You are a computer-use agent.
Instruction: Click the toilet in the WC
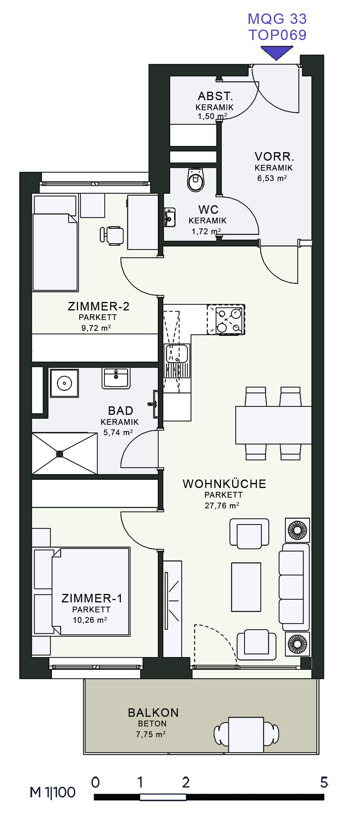pyautogui.click(x=196, y=179)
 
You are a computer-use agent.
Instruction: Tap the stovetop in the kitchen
pyautogui.click(x=226, y=320)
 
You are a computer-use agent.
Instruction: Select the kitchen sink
pyautogui.click(x=177, y=361)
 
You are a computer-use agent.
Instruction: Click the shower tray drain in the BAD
pyautogui.click(x=60, y=454)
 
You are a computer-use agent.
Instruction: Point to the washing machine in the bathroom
pyautogui.click(x=64, y=383)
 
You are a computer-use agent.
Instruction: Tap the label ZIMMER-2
pyautogui.click(x=99, y=306)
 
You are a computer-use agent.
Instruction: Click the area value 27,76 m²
pyautogui.click(x=222, y=505)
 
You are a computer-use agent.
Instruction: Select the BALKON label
pyautogui.click(x=153, y=713)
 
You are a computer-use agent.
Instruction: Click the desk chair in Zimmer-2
pyautogui.click(x=112, y=235)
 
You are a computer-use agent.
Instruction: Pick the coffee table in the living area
pyautogui.click(x=246, y=587)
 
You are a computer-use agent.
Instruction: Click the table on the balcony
pyautogui.click(x=246, y=734)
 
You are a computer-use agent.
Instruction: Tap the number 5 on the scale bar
pyautogui.click(x=324, y=782)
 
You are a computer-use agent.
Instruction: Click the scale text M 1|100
pyautogui.click(x=52, y=792)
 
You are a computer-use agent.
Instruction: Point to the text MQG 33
pyautogui.click(x=277, y=18)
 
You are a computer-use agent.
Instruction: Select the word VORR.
pyautogui.click(x=274, y=157)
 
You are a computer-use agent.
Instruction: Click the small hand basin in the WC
pyautogui.click(x=170, y=218)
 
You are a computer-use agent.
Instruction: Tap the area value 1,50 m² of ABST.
pyautogui.click(x=212, y=116)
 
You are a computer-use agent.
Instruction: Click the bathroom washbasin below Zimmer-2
pyautogui.click(x=116, y=378)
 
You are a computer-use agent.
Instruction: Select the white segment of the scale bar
pyautogui.click(x=163, y=797)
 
